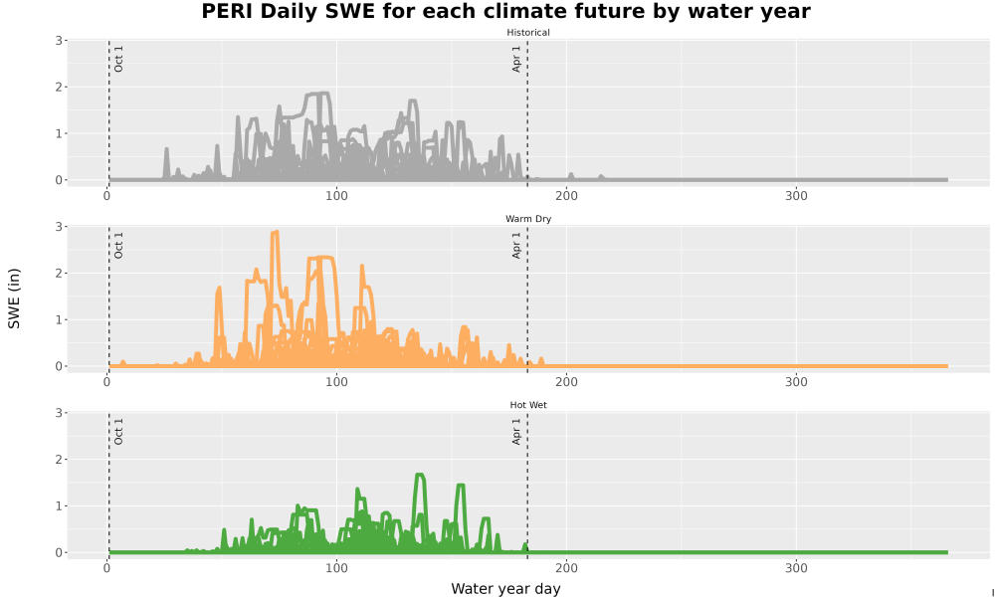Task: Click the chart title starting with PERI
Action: click(505, 11)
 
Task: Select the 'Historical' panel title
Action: click(528, 33)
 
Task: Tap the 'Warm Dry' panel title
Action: click(528, 219)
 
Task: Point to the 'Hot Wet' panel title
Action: click(528, 405)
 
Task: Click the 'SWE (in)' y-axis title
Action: click(14, 298)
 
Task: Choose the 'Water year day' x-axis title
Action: click(505, 589)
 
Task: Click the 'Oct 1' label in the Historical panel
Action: click(118, 59)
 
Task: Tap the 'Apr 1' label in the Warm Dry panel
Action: click(516, 245)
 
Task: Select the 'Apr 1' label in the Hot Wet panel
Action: click(516, 432)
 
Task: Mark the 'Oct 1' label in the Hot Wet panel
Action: click(118, 432)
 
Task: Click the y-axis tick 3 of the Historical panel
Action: click(59, 40)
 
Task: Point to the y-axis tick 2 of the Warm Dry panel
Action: click(59, 273)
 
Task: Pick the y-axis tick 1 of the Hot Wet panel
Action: click(59, 505)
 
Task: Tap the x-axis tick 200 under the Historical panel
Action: click(567, 196)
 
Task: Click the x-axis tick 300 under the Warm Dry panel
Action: click(796, 382)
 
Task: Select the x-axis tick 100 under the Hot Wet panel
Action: click(337, 568)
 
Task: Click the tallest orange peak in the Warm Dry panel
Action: click(275, 232)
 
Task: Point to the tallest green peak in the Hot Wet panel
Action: click(419, 475)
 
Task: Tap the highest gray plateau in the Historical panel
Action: click(317, 94)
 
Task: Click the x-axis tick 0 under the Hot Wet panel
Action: click(107, 568)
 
